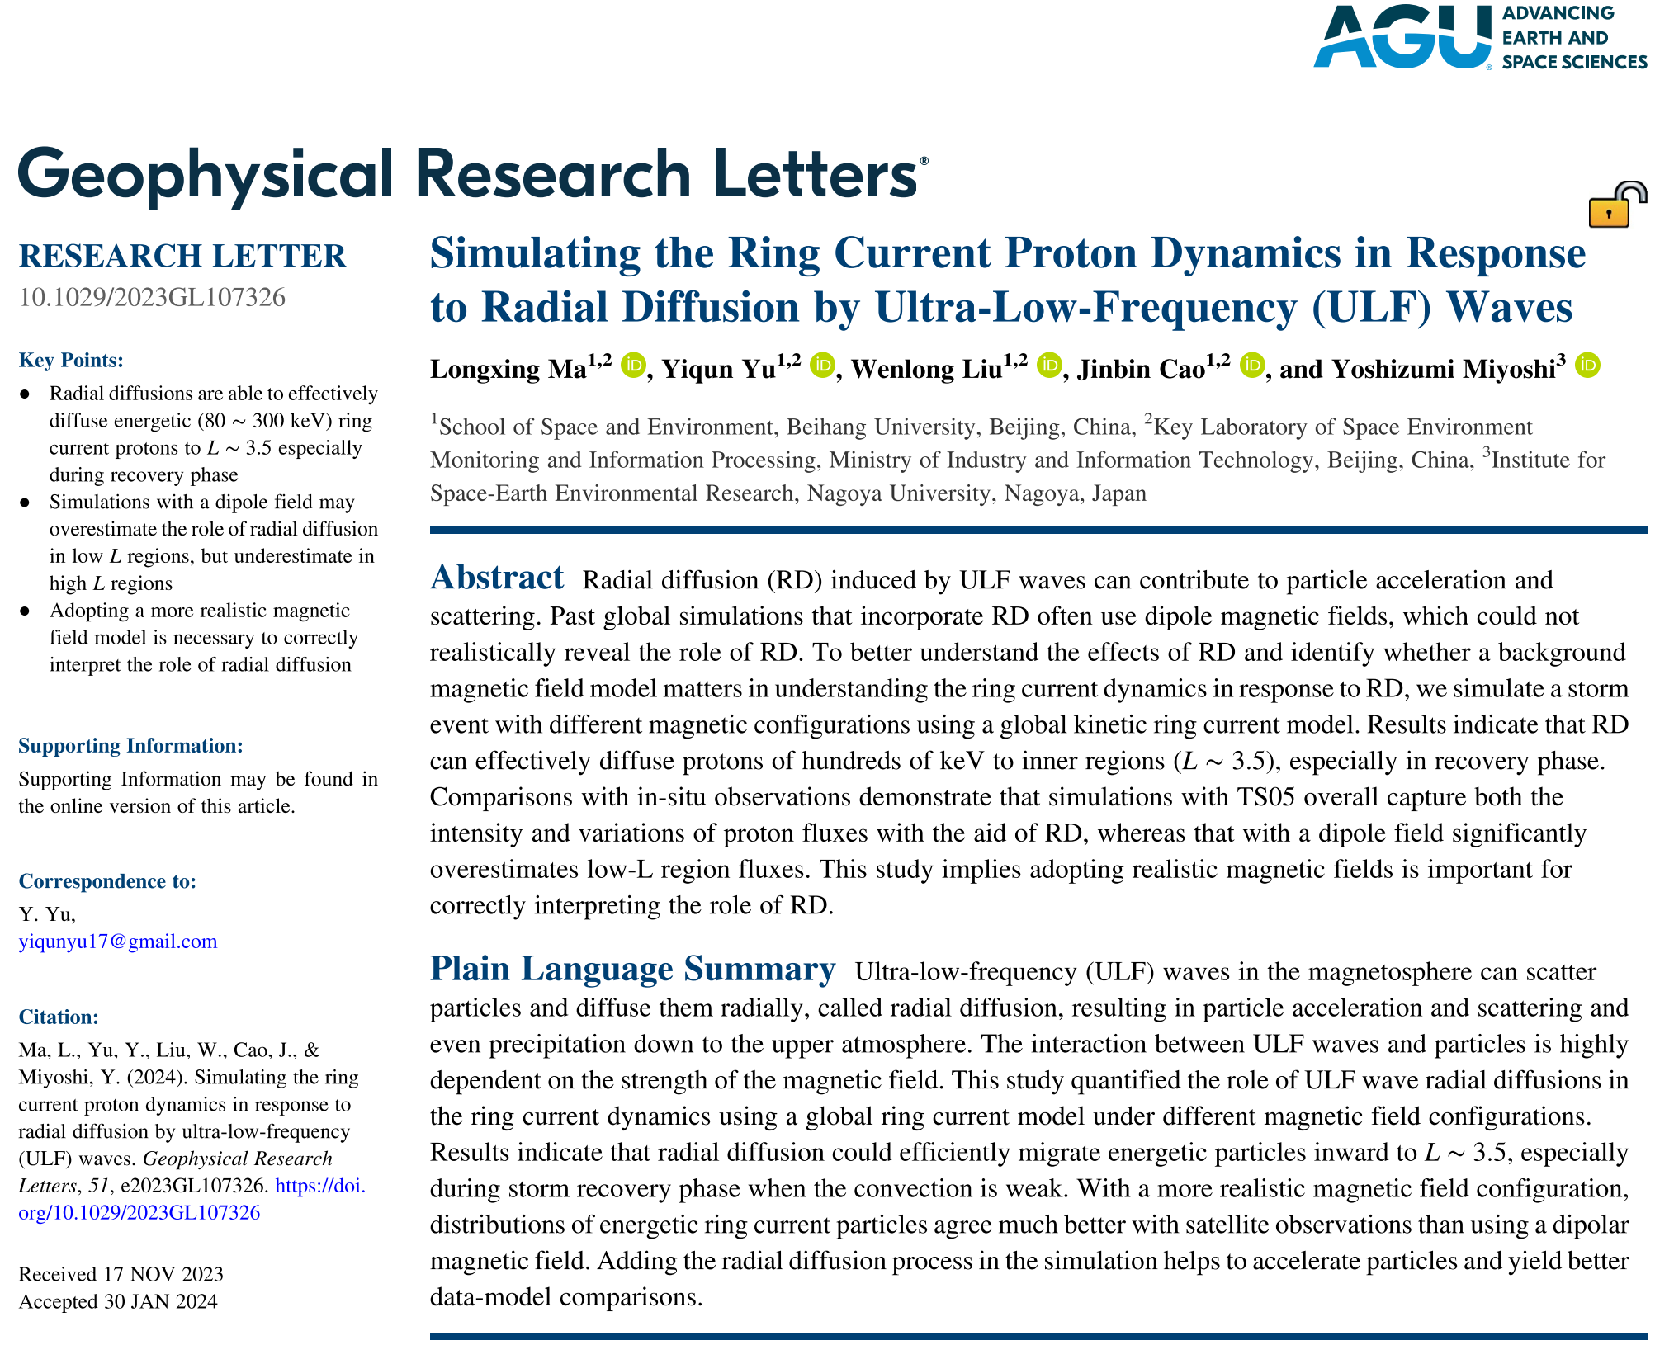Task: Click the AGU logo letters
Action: tap(1401, 37)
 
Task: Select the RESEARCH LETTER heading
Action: tap(182, 256)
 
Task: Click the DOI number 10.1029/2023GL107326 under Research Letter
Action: tap(152, 297)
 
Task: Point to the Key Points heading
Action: tap(71, 360)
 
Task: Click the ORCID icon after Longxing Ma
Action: tap(633, 365)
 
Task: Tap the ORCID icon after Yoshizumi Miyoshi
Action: tap(1587, 365)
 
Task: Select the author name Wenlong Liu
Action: tap(926, 369)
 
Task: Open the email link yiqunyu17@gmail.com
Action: tap(118, 941)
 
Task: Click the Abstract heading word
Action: tap(497, 578)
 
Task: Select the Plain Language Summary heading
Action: tap(632, 969)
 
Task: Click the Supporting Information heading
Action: tap(130, 746)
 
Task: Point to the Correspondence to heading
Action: tap(107, 881)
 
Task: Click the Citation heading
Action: tap(59, 1017)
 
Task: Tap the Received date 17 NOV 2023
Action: tap(163, 1274)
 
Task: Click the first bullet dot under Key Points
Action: tap(25, 394)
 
